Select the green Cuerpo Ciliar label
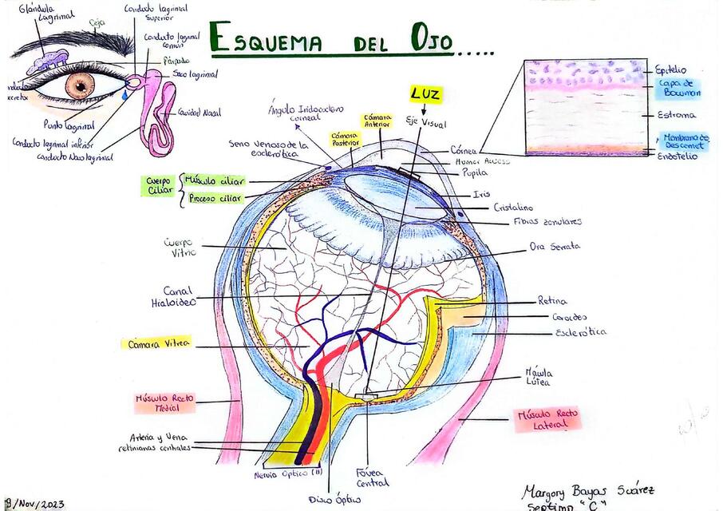(x=159, y=186)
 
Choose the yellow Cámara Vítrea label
(x=158, y=343)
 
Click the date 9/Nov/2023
(x=34, y=503)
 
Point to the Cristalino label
(x=513, y=206)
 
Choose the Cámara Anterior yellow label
(x=377, y=121)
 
